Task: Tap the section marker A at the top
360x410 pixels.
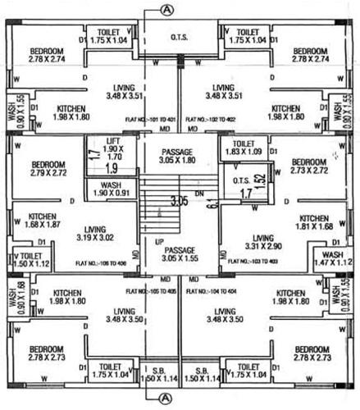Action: [x=168, y=10]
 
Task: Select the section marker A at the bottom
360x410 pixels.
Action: [x=168, y=399]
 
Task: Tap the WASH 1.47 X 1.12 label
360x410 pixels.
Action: [x=331, y=257]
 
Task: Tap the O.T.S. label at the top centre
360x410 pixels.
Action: [x=180, y=37]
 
